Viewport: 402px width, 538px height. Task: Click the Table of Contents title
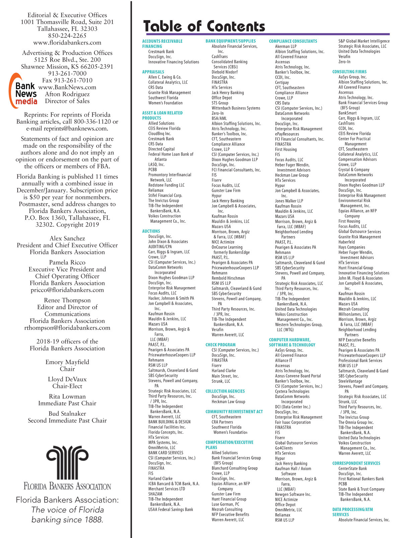pyautogui.click(x=204, y=26)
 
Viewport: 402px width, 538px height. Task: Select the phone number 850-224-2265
pyautogui.click(x=67, y=36)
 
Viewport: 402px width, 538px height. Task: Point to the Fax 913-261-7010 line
pyautogui.click(x=67, y=80)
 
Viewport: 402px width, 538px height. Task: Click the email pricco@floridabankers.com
pyautogui.click(x=67, y=290)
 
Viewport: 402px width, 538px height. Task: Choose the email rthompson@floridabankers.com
pyautogui.click(x=67, y=328)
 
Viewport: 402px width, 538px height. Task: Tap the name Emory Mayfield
pyautogui.click(x=67, y=362)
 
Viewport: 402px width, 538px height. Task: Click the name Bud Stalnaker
pyautogui.click(x=67, y=414)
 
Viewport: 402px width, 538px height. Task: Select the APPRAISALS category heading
pyautogui.click(x=153, y=72)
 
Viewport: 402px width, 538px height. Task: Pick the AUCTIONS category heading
pyautogui.click(x=151, y=231)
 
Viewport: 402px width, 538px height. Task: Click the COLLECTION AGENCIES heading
pyautogui.click(x=225, y=391)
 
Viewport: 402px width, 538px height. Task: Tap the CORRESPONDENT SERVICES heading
pyautogui.click(x=356, y=463)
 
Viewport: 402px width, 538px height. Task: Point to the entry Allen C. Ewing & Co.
pyautogui.click(x=165, y=77)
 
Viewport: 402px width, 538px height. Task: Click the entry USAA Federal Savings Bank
pyautogui.click(x=171, y=510)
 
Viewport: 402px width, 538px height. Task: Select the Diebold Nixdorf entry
pyautogui.click(x=224, y=72)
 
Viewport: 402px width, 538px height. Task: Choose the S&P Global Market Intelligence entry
pyautogui.click(x=364, y=41)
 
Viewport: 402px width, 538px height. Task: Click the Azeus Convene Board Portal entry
pyautogui.click(x=298, y=376)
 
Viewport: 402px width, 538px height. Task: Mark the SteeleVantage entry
pyautogui.click(x=350, y=381)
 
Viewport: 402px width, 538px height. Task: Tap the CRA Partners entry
pyautogui.click(x=222, y=422)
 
